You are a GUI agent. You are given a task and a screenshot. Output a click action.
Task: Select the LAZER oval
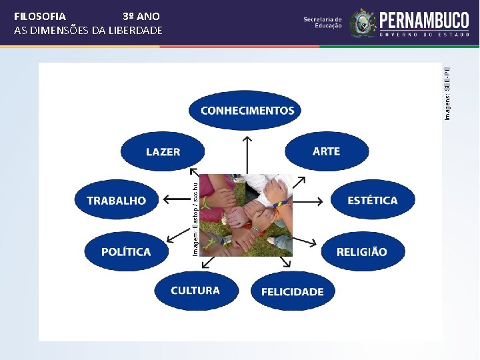163,152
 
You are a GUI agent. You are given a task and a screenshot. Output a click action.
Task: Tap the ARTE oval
326,151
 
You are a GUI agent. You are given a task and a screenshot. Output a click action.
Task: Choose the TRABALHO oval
116,200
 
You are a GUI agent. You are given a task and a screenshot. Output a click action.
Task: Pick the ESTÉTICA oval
372,200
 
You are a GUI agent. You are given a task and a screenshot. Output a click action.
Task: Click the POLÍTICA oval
126,251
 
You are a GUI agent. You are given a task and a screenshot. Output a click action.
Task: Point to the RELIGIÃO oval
361,251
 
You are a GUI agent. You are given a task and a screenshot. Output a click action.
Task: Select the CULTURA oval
195,291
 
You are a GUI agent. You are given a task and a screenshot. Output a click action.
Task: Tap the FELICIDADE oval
292,291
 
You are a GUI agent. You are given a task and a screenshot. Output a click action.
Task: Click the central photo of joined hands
246,215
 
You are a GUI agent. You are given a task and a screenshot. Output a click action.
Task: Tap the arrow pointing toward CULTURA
207,262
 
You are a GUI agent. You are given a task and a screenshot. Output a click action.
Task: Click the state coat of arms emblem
363,23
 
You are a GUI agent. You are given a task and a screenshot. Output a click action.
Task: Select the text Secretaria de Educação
323,23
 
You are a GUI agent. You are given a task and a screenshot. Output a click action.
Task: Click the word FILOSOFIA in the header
40,16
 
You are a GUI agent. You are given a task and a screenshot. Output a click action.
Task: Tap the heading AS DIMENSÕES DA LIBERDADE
88,31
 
